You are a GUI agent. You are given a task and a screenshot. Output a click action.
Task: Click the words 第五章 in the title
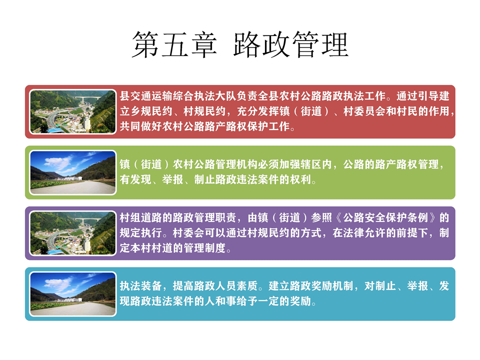tap(174, 44)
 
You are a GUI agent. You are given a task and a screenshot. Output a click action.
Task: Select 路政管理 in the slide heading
tap(291, 44)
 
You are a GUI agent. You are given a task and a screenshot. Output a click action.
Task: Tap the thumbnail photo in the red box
tap(73, 111)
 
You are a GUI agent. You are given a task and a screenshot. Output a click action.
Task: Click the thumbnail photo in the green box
tap(73, 172)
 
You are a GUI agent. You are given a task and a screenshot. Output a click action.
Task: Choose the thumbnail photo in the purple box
tap(73, 233)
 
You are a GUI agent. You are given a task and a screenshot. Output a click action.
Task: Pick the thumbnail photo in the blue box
tap(73, 294)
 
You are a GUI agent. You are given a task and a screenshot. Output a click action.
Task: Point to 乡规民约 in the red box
tap(151, 111)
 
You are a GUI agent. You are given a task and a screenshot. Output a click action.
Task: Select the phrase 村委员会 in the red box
tap(364, 111)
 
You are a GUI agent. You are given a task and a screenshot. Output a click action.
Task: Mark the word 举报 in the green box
tap(172, 179)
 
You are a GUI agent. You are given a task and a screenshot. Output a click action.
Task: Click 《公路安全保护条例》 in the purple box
tap(385, 217)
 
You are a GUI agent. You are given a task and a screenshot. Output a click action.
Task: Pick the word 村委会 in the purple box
tap(188, 232)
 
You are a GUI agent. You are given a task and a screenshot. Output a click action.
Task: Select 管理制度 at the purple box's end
tap(204, 247)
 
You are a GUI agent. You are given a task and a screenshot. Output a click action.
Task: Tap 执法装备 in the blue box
tap(140, 286)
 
